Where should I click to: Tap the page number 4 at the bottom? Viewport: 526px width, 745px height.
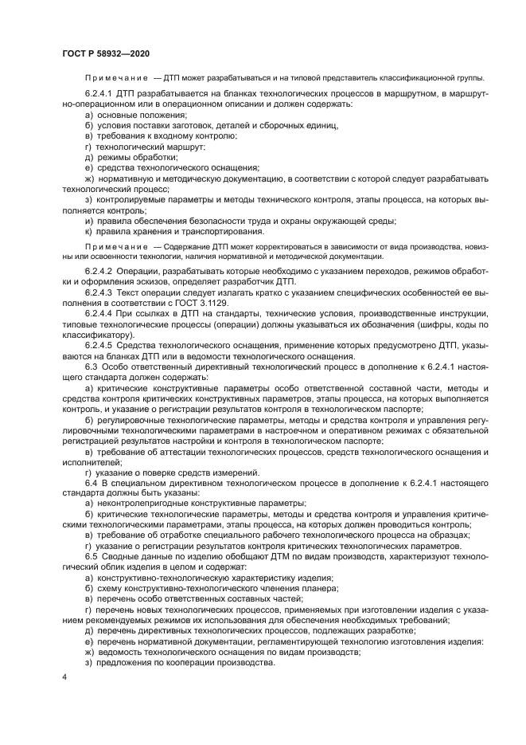[x=64, y=676]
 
